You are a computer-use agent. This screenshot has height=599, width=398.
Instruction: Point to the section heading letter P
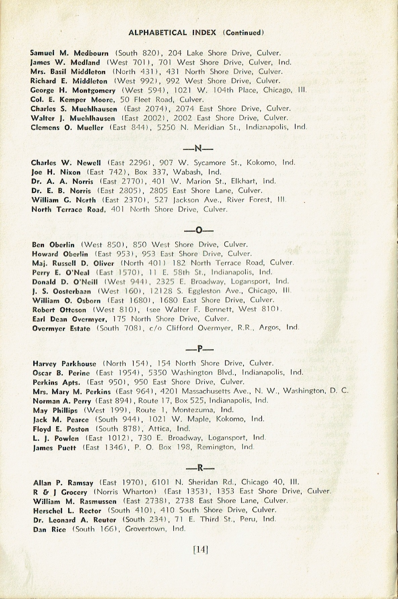tap(200, 349)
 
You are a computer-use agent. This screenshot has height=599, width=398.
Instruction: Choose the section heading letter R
tap(200, 468)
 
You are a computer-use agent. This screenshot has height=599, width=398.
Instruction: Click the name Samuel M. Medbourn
tap(69, 53)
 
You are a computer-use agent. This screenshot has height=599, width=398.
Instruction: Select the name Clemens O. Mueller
tap(67, 127)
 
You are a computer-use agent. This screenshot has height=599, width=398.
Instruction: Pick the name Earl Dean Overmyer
tap(70, 319)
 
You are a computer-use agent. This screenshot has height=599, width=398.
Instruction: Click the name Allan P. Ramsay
tap(63, 483)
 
